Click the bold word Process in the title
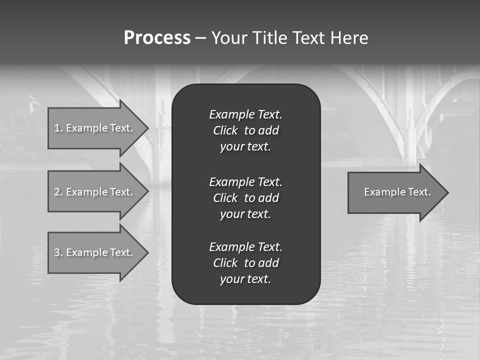pyautogui.click(x=157, y=38)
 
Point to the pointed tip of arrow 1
pyautogui.click(x=147, y=128)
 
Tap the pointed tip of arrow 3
pyautogui.click(x=147, y=252)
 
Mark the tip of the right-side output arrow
pyautogui.click(x=447, y=192)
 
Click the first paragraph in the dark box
pyautogui.click(x=245, y=130)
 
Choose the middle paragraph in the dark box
pyautogui.click(x=245, y=198)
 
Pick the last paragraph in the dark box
pyautogui.click(x=245, y=263)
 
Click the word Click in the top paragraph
pyautogui.click(x=225, y=130)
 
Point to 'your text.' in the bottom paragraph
pyautogui.click(x=245, y=279)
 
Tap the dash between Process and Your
pyautogui.click(x=201, y=38)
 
